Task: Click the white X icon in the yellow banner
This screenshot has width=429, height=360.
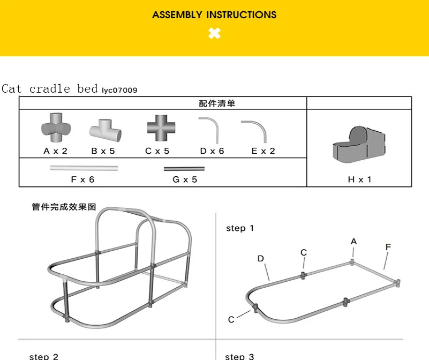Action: coord(214,34)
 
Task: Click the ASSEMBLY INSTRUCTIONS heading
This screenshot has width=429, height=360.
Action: coord(214,14)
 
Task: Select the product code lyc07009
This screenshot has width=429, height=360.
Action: coord(119,91)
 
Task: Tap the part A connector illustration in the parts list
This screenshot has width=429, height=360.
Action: coord(56,128)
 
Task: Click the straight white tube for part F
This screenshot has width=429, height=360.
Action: coord(84,168)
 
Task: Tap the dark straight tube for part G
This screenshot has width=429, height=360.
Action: coord(184,168)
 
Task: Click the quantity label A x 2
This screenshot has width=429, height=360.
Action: coord(56,151)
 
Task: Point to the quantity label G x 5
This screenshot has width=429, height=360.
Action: coord(185,179)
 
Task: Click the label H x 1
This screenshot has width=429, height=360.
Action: coord(359,179)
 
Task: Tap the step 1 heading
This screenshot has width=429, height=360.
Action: coord(240,228)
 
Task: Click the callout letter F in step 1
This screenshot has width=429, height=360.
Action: coord(388,247)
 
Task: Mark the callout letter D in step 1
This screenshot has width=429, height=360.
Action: coord(261,259)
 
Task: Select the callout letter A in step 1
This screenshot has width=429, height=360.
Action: coord(354,242)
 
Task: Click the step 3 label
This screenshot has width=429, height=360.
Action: coord(239,356)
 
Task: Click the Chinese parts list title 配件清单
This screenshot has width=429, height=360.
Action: coord(216,103)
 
